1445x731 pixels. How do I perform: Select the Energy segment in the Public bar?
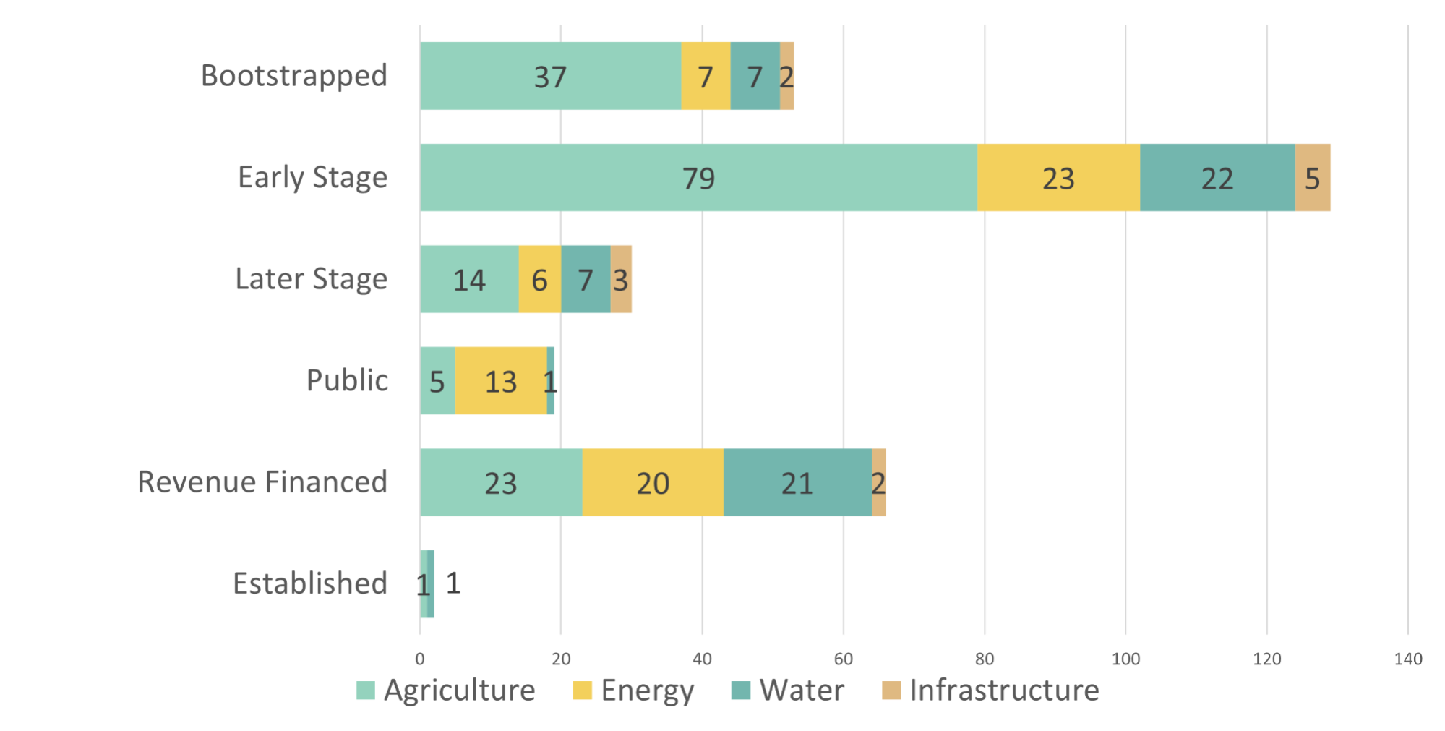click(501, 381)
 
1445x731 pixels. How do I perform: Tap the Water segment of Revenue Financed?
click(797, 482)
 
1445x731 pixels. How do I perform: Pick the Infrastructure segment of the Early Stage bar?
click(1313, 178)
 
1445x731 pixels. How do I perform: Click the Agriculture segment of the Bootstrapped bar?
click(550, 76)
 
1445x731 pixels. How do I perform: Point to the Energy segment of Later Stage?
click(539, 279)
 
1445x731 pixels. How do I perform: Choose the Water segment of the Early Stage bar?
click(1217, 178)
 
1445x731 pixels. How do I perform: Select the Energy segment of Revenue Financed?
click(653, 482)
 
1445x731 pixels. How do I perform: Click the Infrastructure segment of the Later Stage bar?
click(621, 279)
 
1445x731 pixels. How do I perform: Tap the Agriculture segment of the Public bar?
click(437, 381)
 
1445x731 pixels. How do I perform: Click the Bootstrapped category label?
click(294, 76)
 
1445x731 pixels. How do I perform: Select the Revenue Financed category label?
click(262, 482)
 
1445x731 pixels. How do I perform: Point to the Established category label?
click(310, 583)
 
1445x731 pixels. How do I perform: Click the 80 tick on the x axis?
click(985, 659)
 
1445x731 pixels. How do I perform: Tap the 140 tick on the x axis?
click(1408, 659)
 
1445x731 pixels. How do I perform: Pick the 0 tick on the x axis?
click(420, 659)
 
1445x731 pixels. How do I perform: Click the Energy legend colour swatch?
click(582, 691)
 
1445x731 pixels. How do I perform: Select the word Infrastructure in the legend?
click(1004, 691)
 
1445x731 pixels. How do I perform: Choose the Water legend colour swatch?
click(741, 691)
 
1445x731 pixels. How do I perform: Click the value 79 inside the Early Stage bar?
click(698, 179)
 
